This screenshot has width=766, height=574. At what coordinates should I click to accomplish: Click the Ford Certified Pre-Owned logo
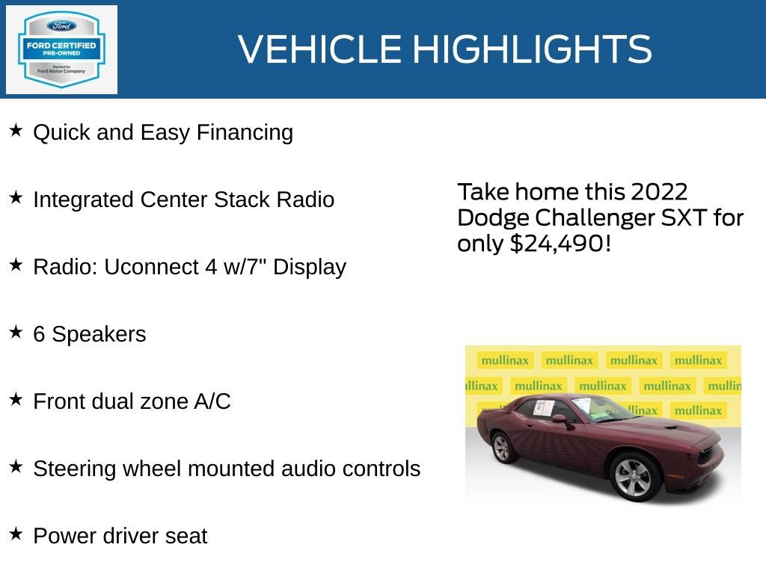click(x=61, y=49)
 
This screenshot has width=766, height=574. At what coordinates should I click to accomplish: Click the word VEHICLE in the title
click(x=320, y=49)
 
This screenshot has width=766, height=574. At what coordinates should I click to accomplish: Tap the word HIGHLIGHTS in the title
click(x=532, y=49)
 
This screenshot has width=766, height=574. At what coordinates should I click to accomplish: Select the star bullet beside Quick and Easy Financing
click(x=16, y=131)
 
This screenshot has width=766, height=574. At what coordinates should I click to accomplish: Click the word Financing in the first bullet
click(x=245, y=133)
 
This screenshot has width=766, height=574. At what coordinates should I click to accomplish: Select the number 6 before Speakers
click(x=39, y=334)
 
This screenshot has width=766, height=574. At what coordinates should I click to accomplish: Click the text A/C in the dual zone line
click(x=212, y=401)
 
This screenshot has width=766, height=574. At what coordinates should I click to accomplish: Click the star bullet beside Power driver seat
click(x=16, y=534)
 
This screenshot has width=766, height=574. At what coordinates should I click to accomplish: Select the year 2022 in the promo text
click(x=659, y=192)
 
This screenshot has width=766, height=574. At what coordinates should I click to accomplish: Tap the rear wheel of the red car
click(x=500, y=448)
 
